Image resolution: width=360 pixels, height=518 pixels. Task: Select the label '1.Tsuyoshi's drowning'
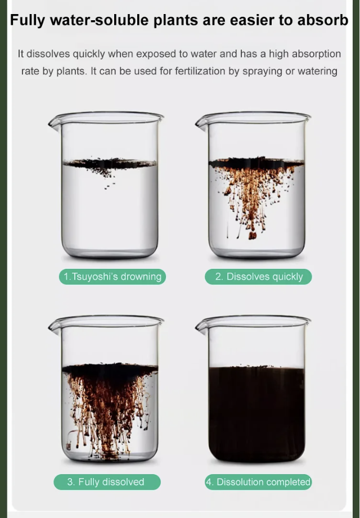(x=112, y=277)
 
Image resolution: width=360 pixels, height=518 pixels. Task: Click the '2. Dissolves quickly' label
(x=258, y=277)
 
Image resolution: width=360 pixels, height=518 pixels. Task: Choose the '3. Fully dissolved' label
(x=107, y=482)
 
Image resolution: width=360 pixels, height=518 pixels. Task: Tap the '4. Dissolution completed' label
(x=258, y=482)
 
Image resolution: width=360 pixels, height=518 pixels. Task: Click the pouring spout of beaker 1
(x=54, y=123)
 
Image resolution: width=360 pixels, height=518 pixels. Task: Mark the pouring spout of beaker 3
(x=54, y=326)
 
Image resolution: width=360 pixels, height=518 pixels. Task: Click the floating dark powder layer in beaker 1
(x=110, y=163)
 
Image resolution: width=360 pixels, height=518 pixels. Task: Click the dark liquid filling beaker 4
(x=256, y=413)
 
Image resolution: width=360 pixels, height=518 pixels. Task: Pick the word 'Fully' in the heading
(x=28, y=20)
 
